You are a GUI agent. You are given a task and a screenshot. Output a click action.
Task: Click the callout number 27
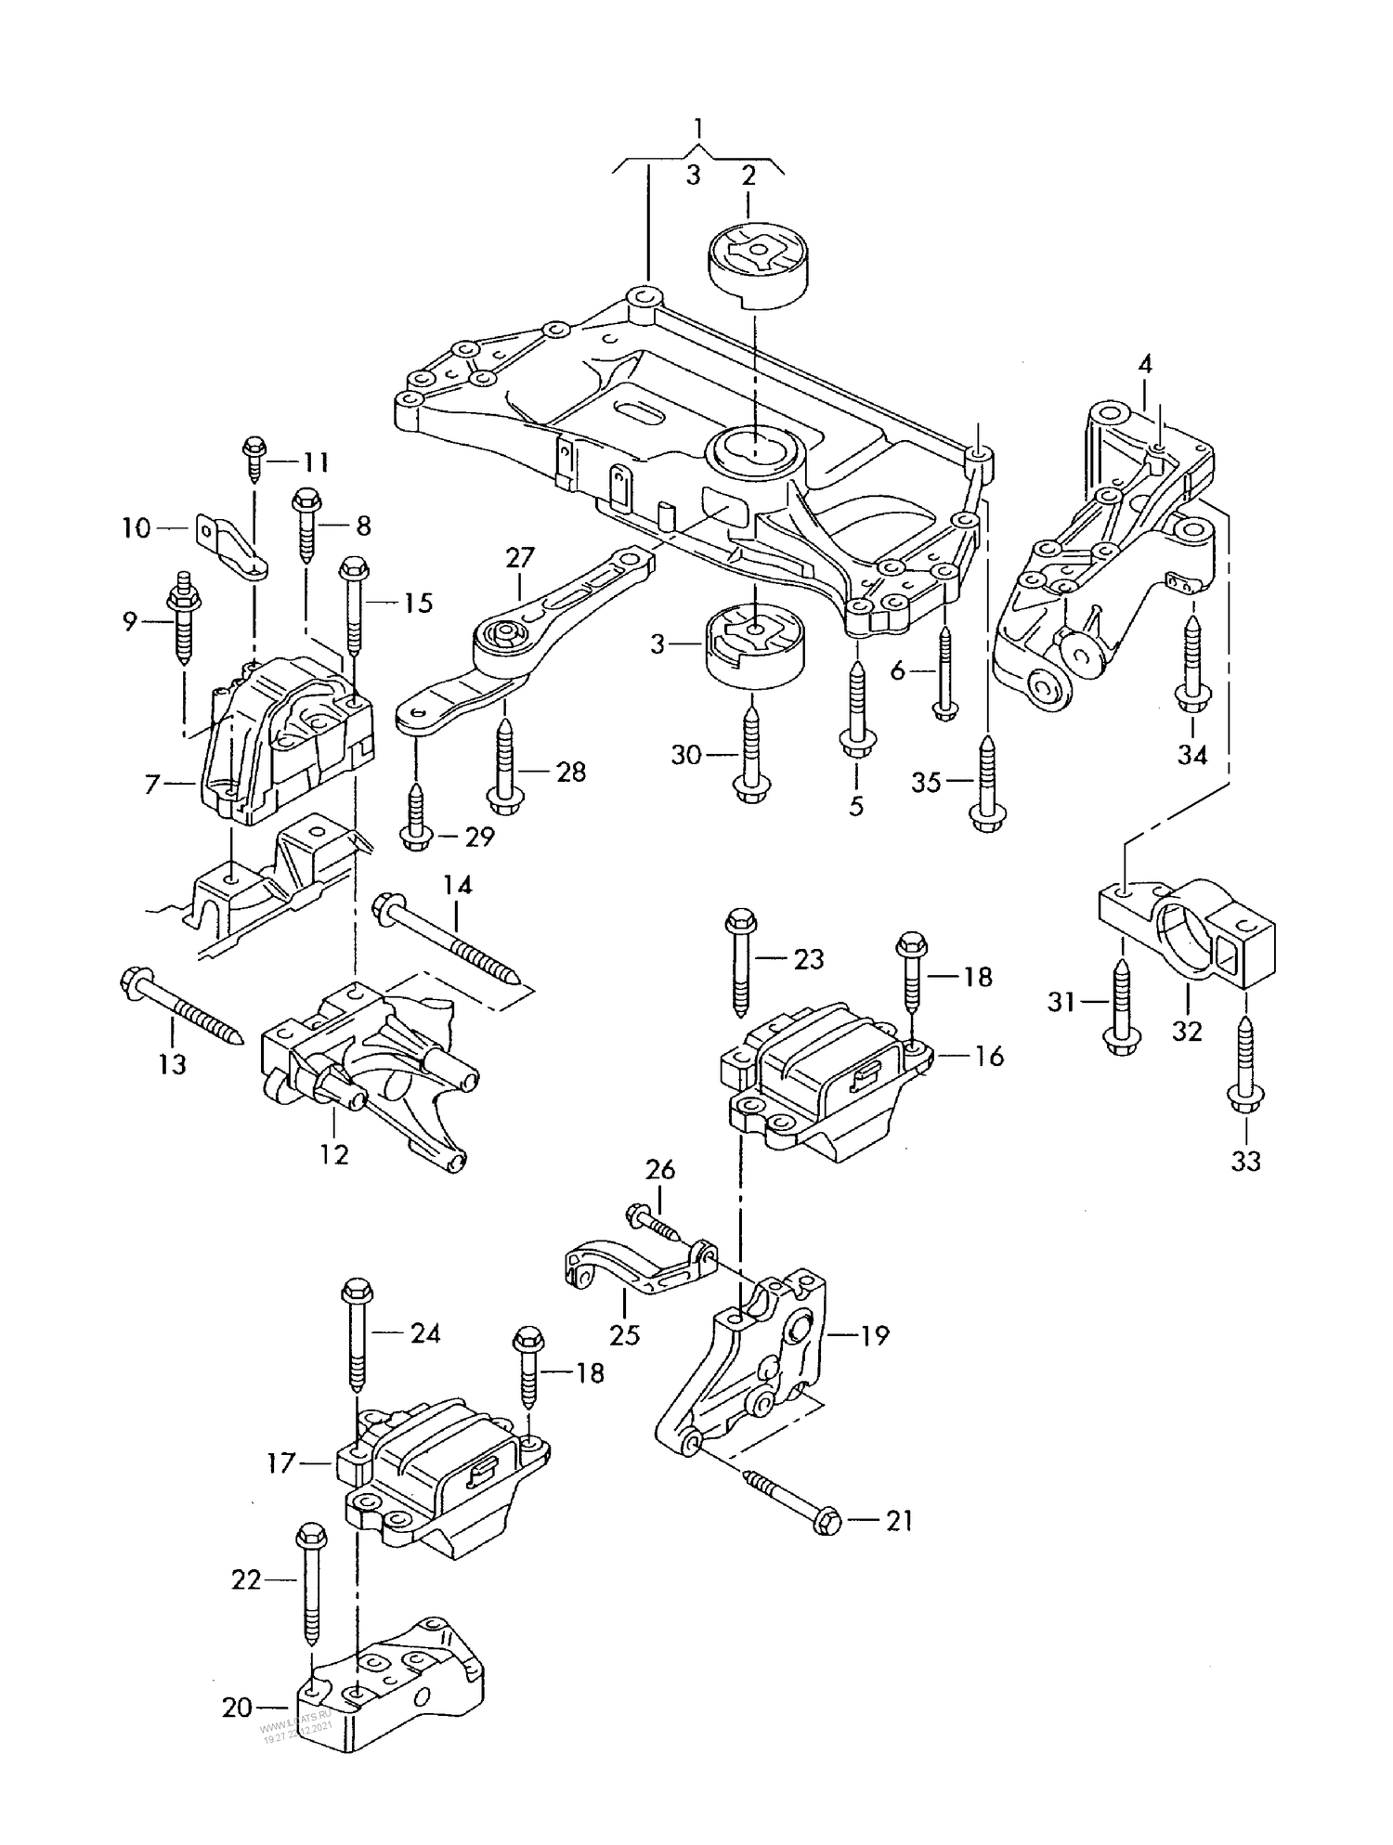pos(520,557)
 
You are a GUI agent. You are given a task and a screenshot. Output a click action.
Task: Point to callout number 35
pos(926,783)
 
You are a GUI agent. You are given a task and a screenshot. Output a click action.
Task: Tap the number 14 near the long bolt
pos(457,885)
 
